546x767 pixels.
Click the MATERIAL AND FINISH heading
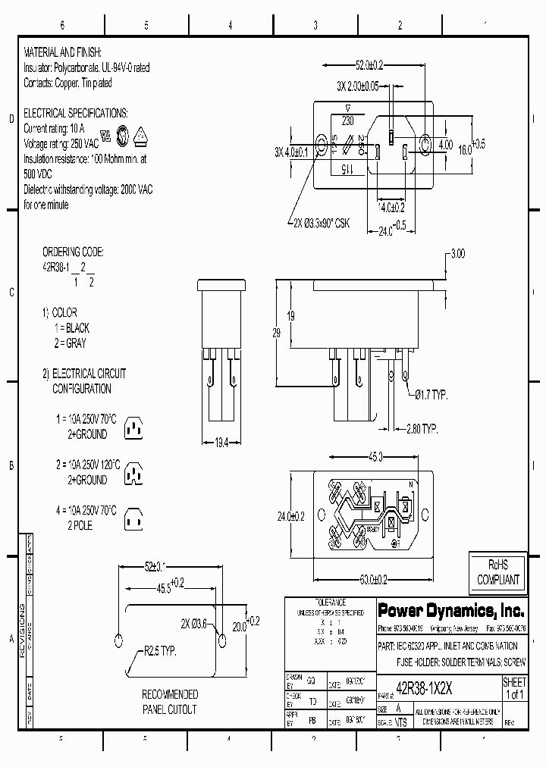[x=62, y=54]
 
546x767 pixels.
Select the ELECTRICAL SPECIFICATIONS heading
[x=76, y=113]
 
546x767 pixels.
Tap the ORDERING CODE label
[x=73, y=252]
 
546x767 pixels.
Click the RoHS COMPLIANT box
[x=498, y=573]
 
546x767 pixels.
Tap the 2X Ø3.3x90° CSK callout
[x=321, y=223]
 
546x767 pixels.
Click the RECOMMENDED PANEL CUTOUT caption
[x=170, y=702]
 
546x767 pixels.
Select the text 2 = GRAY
[x=70, y=343]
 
